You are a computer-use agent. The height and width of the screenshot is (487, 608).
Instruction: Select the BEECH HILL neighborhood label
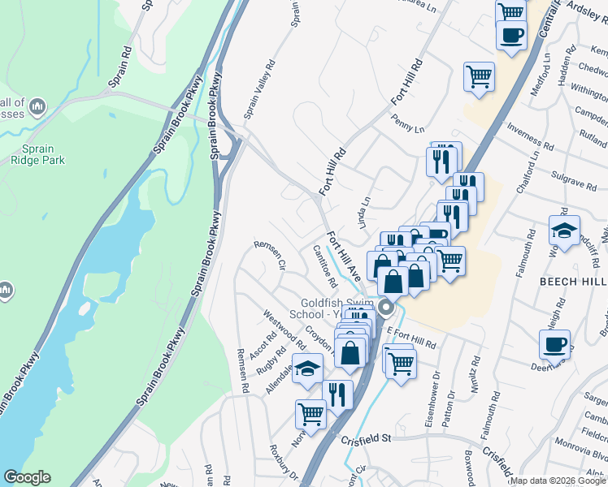coord(573,279)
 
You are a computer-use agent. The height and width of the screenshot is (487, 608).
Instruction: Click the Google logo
coord(27,477)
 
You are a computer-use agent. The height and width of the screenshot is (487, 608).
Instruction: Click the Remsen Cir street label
coord(271,253)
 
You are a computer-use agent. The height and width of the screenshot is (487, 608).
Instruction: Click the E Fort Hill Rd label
coord(411,340)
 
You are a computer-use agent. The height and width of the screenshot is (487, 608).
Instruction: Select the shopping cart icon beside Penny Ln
coord(479,77)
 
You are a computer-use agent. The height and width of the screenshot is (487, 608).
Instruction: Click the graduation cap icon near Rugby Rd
coord(307,370)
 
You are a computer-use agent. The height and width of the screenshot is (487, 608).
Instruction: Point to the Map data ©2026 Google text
coord(558,480)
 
